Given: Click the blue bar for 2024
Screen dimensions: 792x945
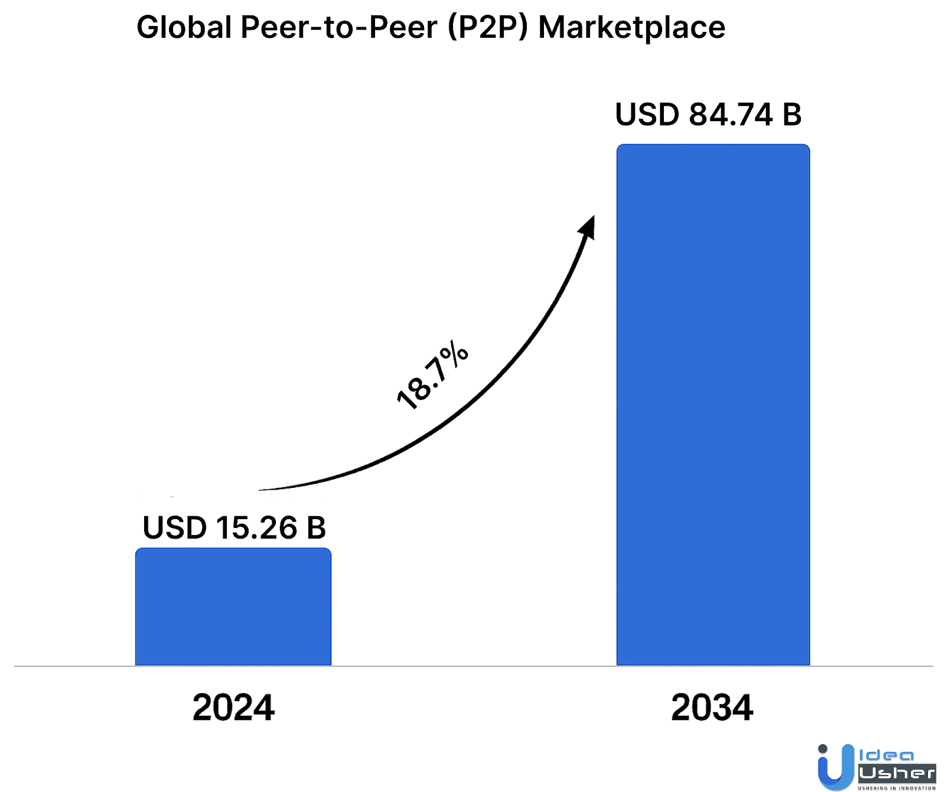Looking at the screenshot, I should tap(233, 607).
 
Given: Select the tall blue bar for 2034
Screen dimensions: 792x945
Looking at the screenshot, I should tap(713, 405).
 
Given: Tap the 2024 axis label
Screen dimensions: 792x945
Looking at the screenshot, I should tap(233, 707).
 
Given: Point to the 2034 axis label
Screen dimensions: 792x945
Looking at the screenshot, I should tap(712, 707).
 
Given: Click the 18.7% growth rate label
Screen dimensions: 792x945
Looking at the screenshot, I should tap(432, 375).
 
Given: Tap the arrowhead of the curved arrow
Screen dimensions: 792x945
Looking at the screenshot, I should tap(588, 227).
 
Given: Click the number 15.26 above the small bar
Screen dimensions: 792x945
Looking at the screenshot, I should tap(256, 527).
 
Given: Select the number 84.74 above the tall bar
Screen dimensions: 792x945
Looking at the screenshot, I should tap(731, 115).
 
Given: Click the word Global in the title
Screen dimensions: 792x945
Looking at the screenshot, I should tap(184, 27).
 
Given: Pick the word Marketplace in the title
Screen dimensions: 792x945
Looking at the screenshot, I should tap(631, 27).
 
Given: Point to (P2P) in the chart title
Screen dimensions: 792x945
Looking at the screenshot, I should tap(487, 27).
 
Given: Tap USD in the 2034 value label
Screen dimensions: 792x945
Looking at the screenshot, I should tap(647, 115).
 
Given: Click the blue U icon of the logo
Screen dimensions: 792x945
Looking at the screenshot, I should tap(835, 767).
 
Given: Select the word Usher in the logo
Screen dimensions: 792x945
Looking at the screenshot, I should tap(897, 773).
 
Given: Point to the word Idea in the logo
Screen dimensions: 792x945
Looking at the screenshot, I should tap(887, 755).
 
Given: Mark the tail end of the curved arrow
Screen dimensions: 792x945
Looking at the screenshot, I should tap(261, 490).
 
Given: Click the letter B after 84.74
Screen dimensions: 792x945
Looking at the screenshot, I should tap(791, 115).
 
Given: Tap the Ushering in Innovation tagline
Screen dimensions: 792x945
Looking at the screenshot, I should tap(897, 788).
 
